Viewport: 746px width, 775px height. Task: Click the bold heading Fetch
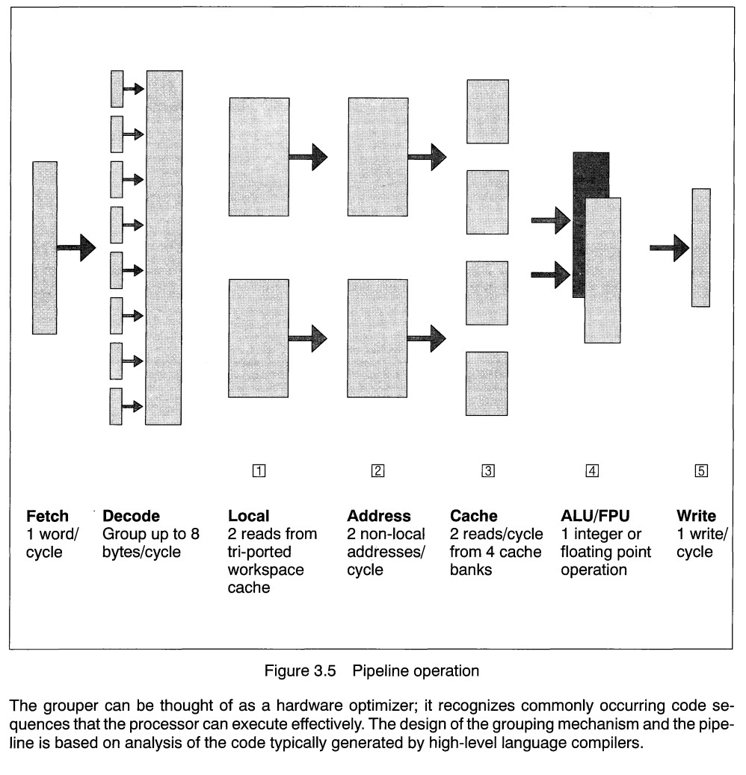coord(47,516)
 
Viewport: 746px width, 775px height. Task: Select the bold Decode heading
coord(131,516)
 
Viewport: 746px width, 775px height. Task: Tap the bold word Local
coord(248,516)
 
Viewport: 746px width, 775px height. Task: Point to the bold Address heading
coord(379,516)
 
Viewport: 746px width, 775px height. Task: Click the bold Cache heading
coord(473,516)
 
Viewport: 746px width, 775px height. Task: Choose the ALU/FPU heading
coord(595,516)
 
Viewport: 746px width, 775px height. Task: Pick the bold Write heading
coord(696,516)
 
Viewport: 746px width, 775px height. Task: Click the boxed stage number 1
coord(259,470)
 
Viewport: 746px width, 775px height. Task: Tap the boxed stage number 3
coord(488,470)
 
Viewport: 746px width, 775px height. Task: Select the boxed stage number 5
coord(701,470)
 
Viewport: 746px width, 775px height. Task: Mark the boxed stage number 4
coord(592,470)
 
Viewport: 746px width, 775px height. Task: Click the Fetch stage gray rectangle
coord(45,248)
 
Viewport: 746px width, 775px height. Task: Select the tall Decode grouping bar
coord(164,248)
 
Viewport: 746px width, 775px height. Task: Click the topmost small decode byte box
coord(117,89)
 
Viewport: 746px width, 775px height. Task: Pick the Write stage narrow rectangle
coord(701,248)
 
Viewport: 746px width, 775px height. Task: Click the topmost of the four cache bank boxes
coord(488,112)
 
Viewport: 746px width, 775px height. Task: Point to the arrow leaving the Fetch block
coord(76,248)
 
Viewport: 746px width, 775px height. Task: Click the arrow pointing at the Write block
coord(669,248)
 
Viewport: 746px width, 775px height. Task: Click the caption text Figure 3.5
coord(300,670)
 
